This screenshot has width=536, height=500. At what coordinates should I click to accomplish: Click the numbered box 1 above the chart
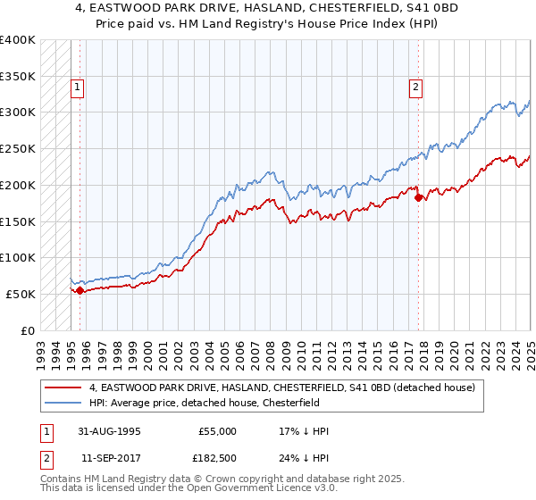click(x=78, y=87)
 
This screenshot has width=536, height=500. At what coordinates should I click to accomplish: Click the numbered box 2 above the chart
click(x=416, y=87)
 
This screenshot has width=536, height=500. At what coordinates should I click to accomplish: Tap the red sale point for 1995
click(x=80, y=290)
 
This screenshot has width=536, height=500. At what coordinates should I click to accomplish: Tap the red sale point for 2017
click(x=418, y=197)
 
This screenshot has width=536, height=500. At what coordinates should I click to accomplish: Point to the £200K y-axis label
click(x=18, y=185)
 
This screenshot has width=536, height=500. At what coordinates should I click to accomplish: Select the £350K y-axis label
click(x=18, y=76)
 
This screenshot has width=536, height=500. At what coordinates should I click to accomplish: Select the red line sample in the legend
click(x=64, y=387)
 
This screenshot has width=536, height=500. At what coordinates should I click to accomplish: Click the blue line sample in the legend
click(x=64, y=403)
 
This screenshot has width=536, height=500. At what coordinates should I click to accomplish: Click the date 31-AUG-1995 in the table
click(x=109, y=431)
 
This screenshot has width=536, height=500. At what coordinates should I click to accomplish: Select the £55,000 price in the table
click(x=217, y=431)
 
